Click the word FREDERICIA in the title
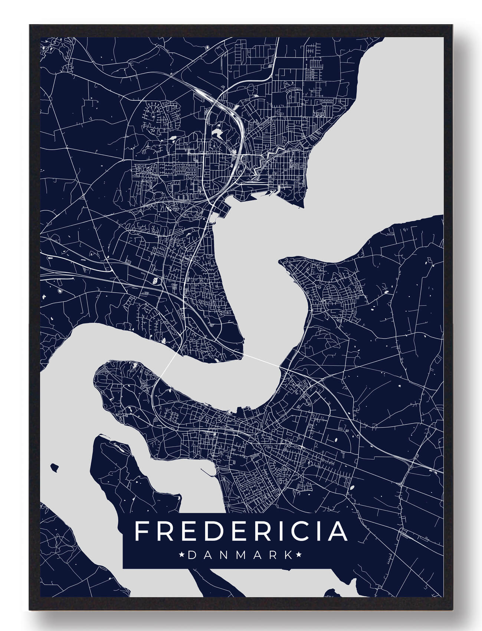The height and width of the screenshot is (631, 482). point(241,531)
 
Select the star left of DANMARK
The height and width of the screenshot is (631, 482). point(182,555)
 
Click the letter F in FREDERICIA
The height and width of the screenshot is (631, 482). point(141,531)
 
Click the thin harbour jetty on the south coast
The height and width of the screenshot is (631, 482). point(208,472)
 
